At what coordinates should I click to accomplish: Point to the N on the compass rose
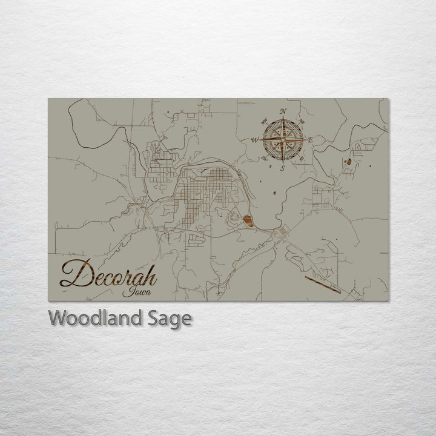[283, 111]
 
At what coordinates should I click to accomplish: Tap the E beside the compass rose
[311, 140]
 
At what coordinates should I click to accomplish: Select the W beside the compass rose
[255, 140]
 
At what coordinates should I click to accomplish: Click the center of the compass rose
[283, 139]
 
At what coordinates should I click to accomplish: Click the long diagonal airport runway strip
[323, 284]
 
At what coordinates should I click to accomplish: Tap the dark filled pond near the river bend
[248, 220]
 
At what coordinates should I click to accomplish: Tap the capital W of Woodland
[58, 318]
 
